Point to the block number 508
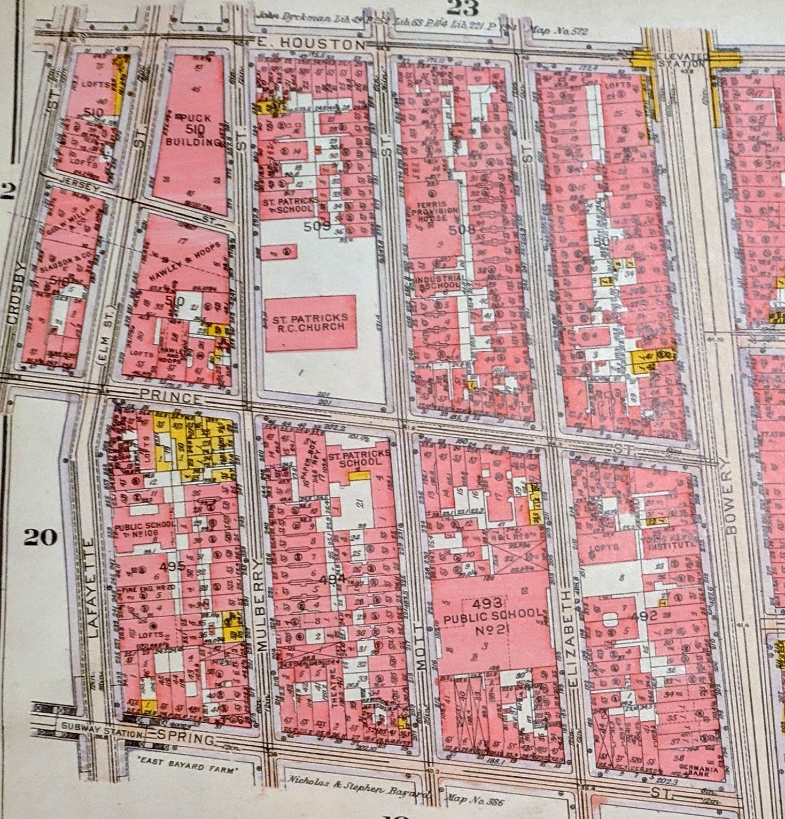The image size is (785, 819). click(x=462, y=230)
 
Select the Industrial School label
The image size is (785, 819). click(x=438, y=282)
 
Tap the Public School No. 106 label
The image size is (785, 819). click(x=144, y=530)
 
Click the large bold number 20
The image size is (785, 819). click(x=40, y=537)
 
